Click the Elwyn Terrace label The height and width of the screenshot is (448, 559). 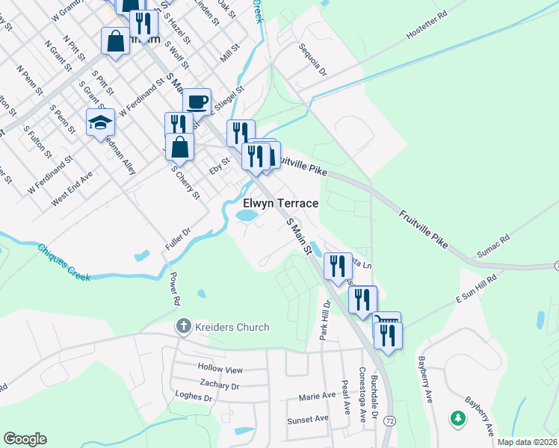pos(281,203)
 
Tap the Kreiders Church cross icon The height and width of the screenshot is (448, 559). pos(182,326)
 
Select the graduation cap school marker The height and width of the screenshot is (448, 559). pos(100,123)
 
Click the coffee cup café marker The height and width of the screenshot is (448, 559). pos(197,102)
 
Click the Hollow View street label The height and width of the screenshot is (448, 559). pos(220,369)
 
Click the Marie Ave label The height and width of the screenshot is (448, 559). pos(317,396)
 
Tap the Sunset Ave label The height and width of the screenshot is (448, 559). pos(306,420)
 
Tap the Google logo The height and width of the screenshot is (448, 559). pos(25,439)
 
